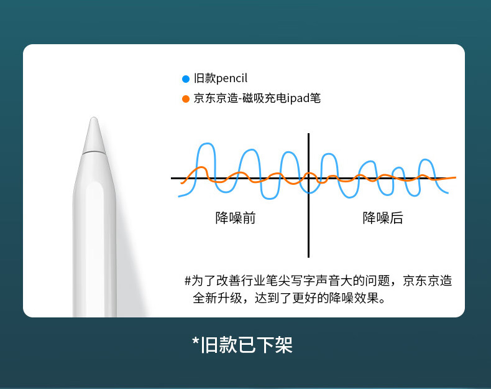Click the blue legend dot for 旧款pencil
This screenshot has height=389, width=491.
pos(186,78)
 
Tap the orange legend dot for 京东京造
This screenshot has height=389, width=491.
pos(186,99)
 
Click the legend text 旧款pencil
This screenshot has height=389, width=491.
pos(221,78)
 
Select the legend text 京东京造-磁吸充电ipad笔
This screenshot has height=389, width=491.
pos(257,98)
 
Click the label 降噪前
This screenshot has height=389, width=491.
pos(236,218)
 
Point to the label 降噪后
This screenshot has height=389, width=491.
pos(383,218)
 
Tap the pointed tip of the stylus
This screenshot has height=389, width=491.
pos(94,118)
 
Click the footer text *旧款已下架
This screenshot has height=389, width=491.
pos(242,345)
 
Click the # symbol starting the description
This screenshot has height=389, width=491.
pos(188,281)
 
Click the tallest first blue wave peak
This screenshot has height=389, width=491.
pos(207,144)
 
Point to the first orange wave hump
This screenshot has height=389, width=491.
pos(201,168)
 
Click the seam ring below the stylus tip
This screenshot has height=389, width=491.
pos(94,152)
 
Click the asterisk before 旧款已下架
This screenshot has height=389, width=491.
pos(195,340)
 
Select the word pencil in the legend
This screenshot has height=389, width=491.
pos(232,78)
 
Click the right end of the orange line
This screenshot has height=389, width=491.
pos(456,177)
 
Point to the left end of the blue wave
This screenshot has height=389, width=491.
pos(179,197)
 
